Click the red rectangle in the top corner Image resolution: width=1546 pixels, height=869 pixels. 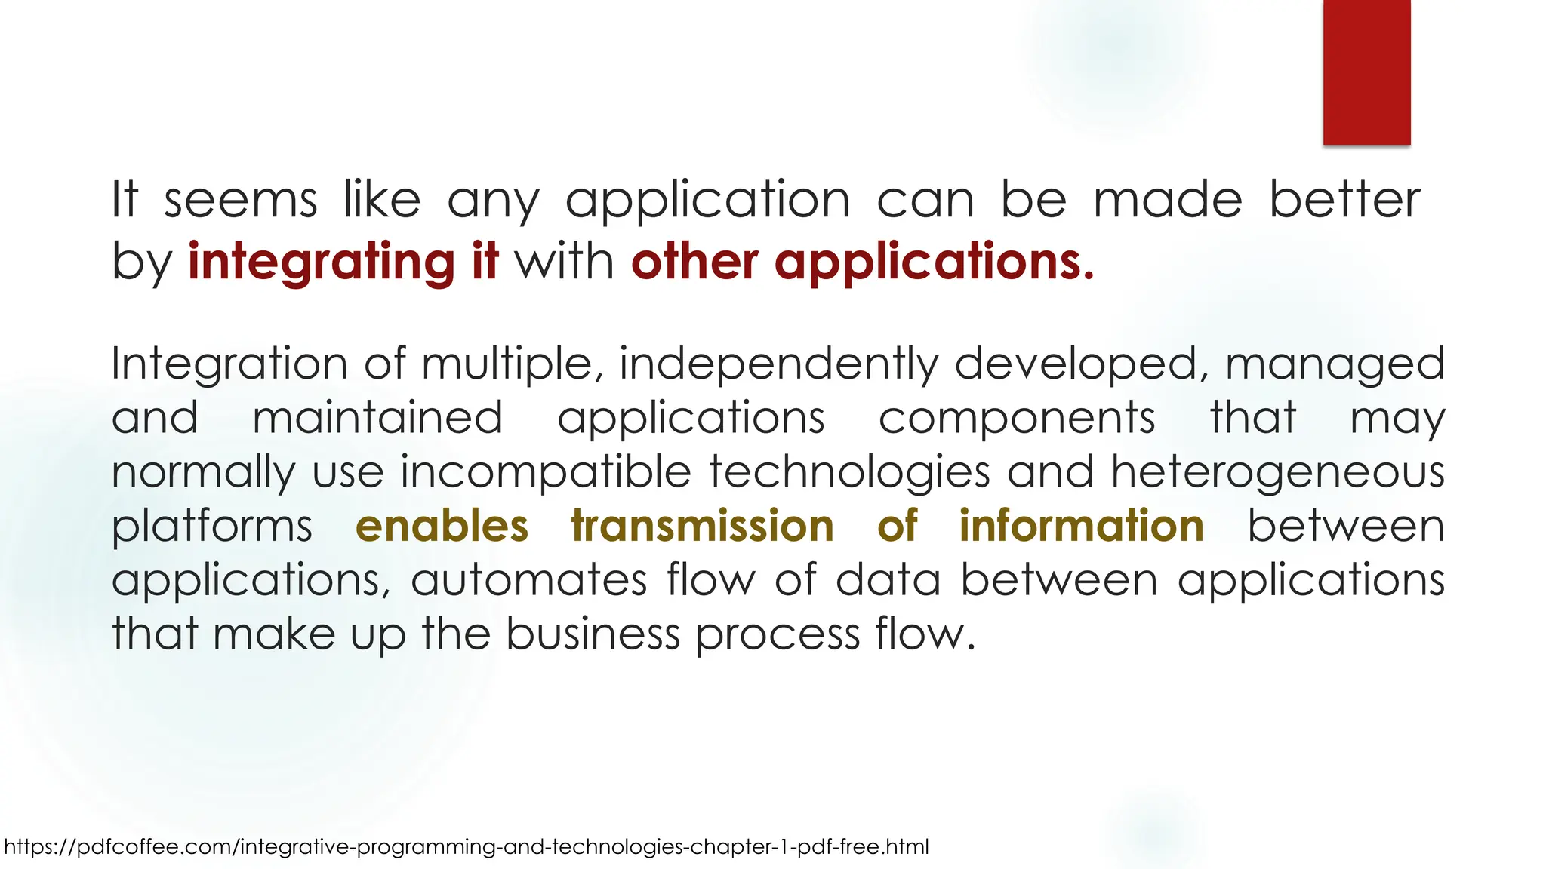(x=1366, y=72)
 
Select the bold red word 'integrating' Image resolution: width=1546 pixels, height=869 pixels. (x=321, y=262)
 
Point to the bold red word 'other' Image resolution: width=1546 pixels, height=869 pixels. (x=694, y=262)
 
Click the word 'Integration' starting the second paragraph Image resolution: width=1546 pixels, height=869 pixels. (x=229, y=364)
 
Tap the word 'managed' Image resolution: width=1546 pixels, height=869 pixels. (x=1335, y=364)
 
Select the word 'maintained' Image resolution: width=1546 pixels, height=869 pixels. (x=377, y=418)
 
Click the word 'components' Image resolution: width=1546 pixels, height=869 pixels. (x=1017, y=418)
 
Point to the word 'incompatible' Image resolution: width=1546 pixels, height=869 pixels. (x=546, y=472)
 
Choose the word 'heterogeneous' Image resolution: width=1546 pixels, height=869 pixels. (x=1277, y=472)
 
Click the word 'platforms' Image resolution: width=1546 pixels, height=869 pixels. (x=211, y=527)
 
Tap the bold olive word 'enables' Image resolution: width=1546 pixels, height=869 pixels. (x=442, y=526)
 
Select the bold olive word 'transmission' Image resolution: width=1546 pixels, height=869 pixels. (x=702, y=526)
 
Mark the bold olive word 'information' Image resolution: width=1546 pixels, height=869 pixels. (x=1081, y=526)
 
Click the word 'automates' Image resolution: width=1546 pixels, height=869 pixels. (x=529, y=580)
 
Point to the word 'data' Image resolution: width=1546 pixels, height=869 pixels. (x=888, y=580)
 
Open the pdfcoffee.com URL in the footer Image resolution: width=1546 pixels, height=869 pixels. (x=467, y=846)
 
